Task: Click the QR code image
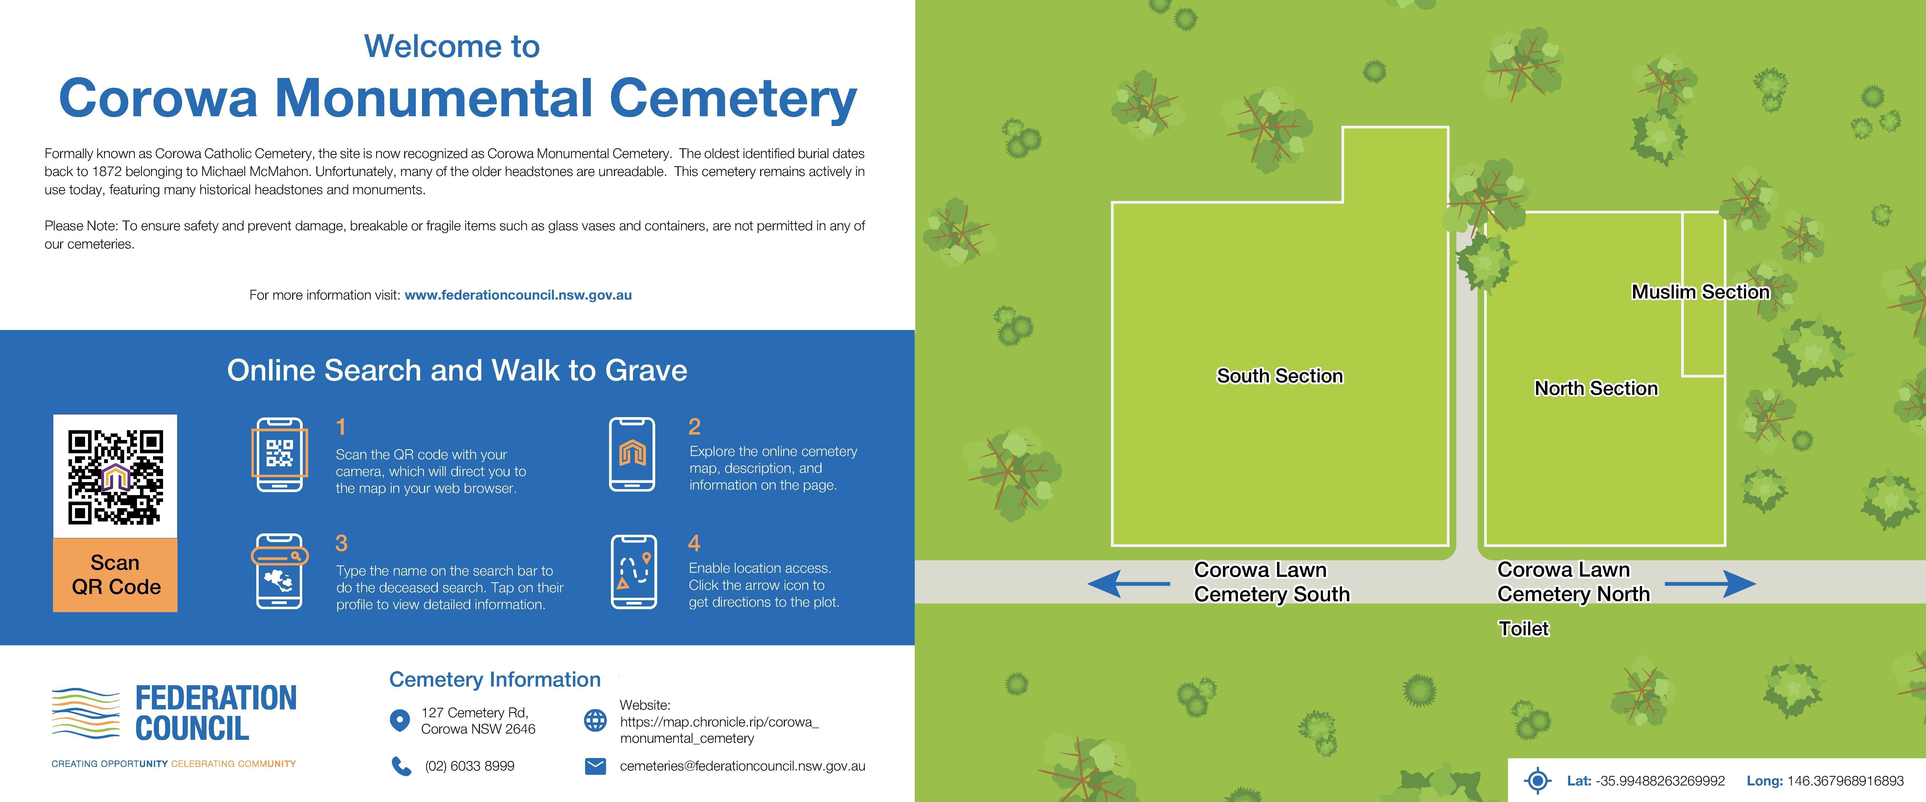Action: click(x=115, y=476)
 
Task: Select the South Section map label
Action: click(x=1279, y=376)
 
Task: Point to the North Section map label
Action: click(x=1596, y=389)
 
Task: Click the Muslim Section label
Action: click(x=1700, y=292)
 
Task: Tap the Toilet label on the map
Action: click(x=1523, y=629)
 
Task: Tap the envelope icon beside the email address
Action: click(x=595, y=766)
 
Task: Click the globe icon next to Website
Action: click(x=595, y=721)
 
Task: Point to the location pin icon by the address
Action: click(x=400, y=721)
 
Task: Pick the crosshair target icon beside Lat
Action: click(x=1537, y=780)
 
